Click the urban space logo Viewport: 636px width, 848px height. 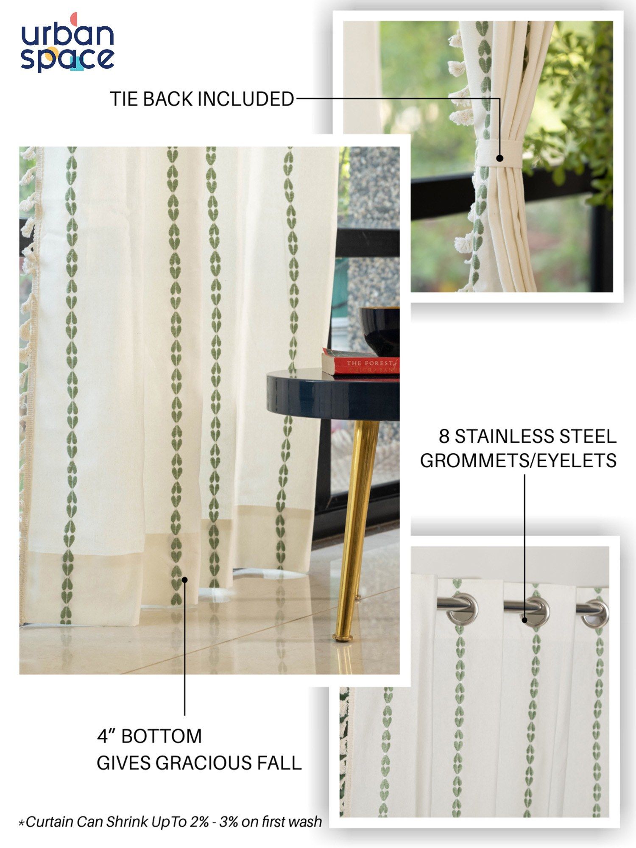click(x=68, y=42)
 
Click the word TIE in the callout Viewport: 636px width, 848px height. click(x=124, y=99)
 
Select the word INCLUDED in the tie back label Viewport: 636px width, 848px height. click(x=246, y=99)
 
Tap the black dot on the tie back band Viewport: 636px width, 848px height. click(x=500, y=158)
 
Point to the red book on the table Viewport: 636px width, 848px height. click(x=360, y=363)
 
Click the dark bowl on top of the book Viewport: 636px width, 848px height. click(x=379, y=331)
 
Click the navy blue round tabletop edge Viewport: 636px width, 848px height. click(x=333, y=396)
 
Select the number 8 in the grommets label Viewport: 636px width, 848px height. click(x=444, y=437)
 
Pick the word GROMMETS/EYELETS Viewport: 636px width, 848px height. click(x=518, y=460)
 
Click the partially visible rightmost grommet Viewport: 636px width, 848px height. click(x=596, y=613)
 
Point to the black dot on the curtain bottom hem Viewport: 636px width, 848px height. click(x=185, y=580)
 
